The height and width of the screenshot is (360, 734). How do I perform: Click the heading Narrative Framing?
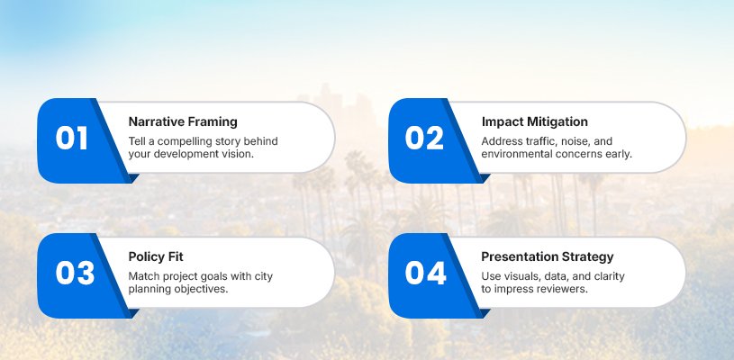coord(183,122)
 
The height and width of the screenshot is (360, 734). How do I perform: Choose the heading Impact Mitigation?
coord(535,122)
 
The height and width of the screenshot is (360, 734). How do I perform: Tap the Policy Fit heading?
coord(156,256)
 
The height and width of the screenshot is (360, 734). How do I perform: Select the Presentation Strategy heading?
coord(548,257)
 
